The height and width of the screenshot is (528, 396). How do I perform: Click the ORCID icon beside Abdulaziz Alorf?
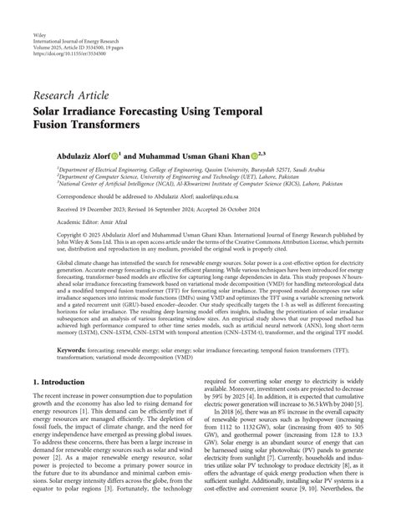(114, 155)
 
